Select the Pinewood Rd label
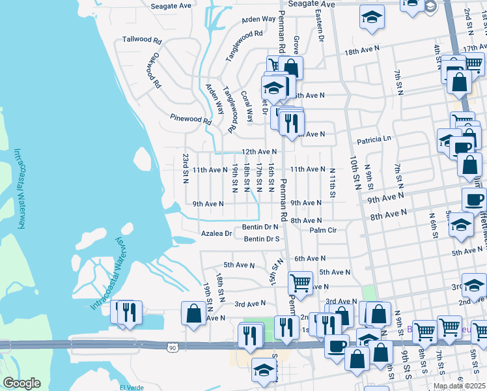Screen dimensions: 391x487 [x=191, y=120]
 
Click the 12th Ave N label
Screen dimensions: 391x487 [x=259, y=152]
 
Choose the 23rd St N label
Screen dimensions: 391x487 [x=186, y=169]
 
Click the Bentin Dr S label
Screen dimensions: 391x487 [x=262, y=239]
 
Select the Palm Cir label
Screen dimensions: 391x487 [x=323, y=230]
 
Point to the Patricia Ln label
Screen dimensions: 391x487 [x=373, y=139]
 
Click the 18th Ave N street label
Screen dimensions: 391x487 [x=361, y=51]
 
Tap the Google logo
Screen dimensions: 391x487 [x=21, y=383]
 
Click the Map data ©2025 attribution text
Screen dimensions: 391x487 [x=460, y=386]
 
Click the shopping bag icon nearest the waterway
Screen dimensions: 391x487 [x=194, y=313]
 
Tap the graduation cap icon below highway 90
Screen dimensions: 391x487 [x=264, y=370]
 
